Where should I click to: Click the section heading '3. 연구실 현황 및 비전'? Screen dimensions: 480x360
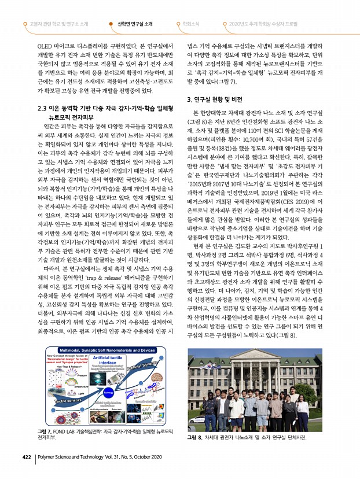[x=217, y=99]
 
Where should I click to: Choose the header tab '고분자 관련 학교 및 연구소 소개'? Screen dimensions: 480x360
[x=59, y=24]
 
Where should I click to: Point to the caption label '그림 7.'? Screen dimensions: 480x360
[x=45, y=432]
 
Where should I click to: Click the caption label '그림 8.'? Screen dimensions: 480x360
[x=195, y=438]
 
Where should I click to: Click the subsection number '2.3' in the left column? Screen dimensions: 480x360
[x=42, y=108]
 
